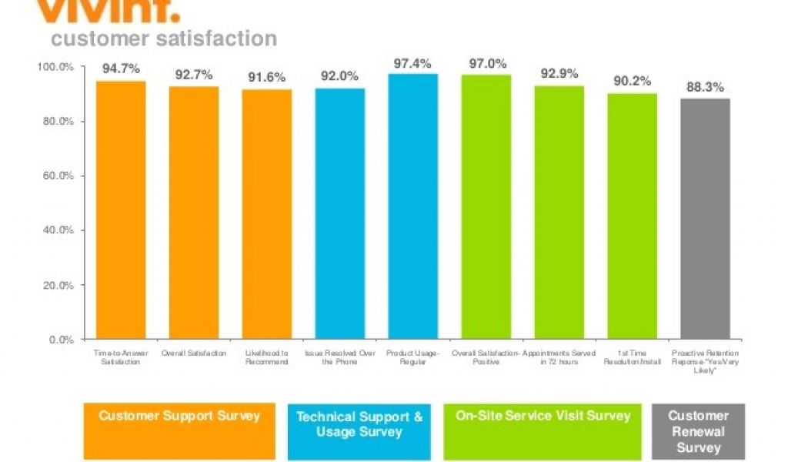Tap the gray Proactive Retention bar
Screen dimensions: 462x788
point(705,219)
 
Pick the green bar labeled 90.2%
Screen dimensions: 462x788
point(632,216)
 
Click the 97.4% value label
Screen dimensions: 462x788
point(412,63)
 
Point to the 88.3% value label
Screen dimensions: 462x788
point(705,87)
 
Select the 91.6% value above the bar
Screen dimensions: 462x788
point(266,77)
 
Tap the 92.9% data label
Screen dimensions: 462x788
point(559,74)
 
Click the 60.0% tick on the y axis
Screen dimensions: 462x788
point(57,176)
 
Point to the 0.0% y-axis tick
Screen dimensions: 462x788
point(60,339)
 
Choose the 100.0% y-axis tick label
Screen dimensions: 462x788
point(55,67)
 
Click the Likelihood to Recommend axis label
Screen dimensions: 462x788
point(267,357)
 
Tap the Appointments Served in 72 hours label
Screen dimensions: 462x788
point(559,357)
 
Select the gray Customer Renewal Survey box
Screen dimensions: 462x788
point(698,431)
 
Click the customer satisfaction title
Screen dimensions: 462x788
point(163,38)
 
